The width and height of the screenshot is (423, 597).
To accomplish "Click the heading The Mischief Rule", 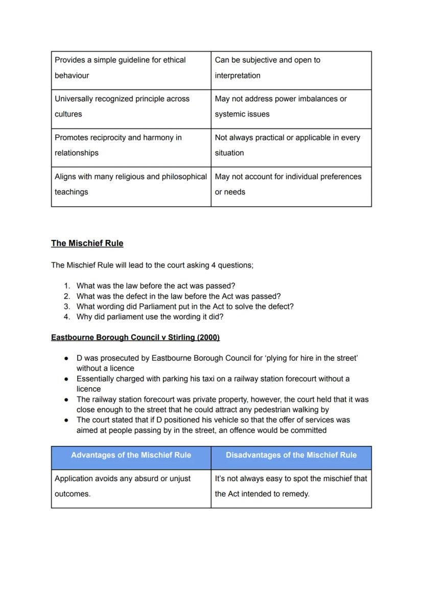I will click(x=87, y=243).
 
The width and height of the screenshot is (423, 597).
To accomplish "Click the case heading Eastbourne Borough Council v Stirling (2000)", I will click(x=135, y=338).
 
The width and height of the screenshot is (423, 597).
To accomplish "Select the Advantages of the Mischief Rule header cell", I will click(x=131, y=455).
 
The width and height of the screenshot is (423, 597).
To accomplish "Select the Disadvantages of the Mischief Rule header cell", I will click(x=291, y=455).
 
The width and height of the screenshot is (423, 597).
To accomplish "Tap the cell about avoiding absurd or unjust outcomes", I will click(x=131, y=486).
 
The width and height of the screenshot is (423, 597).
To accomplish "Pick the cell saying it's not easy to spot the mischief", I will click(x=291, y=486).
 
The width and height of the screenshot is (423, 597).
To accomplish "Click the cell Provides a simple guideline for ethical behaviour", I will click(x=131, y=68).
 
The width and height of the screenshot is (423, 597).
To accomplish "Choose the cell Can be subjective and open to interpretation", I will click(x=291, y=68).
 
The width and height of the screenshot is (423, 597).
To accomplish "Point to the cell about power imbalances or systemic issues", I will click(x=291, y=107).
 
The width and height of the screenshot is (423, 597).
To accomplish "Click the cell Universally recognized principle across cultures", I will click(x=131, y=107).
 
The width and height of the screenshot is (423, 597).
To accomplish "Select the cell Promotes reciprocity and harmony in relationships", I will click(x=131, y=145).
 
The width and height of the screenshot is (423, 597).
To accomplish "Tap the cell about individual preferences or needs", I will click(x=291, y=184).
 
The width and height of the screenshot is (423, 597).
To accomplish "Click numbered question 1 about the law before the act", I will click(x=155, y=286).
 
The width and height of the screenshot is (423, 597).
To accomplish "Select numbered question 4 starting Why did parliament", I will click(x=150, y=317).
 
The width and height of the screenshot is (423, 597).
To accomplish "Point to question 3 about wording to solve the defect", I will click(x=184, y=306).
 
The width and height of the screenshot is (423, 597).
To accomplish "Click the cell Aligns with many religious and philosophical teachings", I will click(x=131, y=184).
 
